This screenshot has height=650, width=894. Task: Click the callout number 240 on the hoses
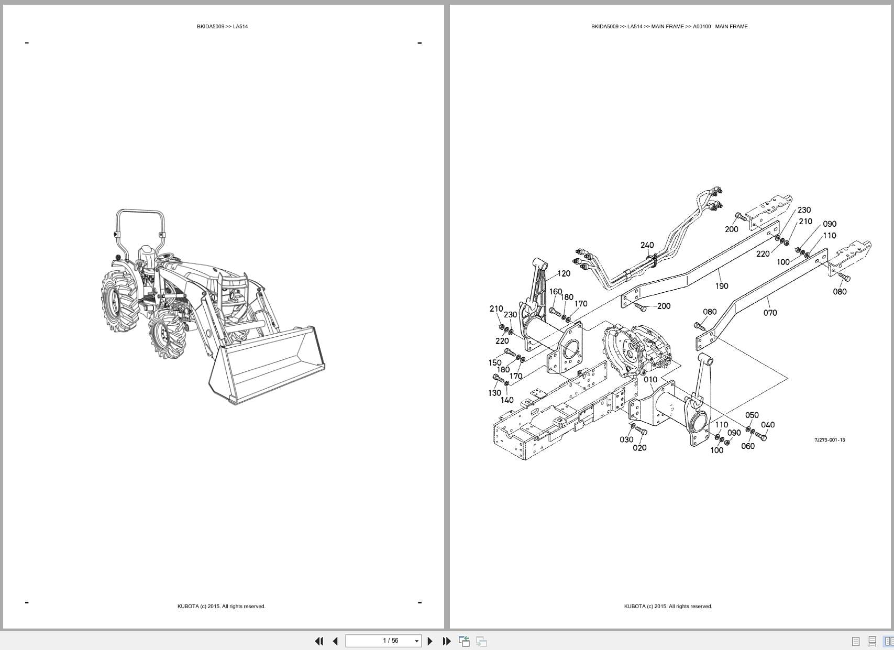pos(647,245)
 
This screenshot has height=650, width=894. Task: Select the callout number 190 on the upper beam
pos(721,286)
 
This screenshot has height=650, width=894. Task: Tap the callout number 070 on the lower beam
pos(770,313)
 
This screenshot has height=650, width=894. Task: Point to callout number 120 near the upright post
pos(564,273)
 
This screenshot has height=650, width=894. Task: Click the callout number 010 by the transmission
pos(650,380)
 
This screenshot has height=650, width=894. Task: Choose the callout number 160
pos(555,292)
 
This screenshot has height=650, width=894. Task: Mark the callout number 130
pos(494,393)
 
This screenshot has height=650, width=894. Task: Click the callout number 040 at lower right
pos(768,425)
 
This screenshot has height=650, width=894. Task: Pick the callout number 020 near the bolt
pos(639,448)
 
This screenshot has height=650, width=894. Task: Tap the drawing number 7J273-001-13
pos(829,440)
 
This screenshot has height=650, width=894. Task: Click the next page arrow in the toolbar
pos(430,641)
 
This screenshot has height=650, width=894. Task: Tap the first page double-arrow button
pos(318,641)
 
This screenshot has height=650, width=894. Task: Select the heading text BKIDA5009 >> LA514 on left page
pos(222,27)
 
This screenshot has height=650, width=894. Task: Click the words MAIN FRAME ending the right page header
pos(731,27)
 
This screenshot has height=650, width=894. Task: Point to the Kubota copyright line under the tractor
pos(221,607)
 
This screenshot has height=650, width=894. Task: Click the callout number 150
pos(494,362)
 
